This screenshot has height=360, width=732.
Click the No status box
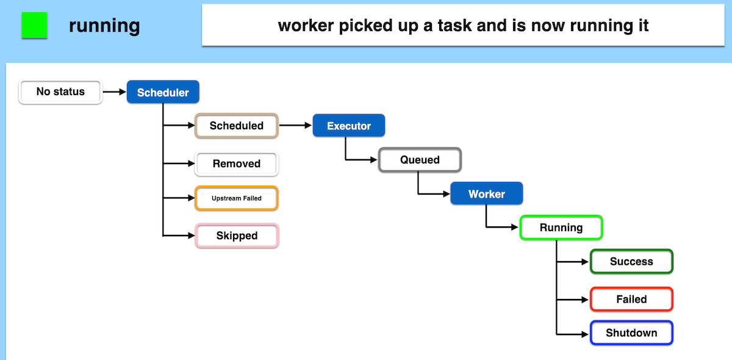(60, 92)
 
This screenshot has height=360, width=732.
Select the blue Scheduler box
(163, 93)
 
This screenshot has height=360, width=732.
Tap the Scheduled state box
(236, 126)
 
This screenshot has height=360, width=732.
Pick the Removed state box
(236, 164)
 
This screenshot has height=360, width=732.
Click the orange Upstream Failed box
(236, 198)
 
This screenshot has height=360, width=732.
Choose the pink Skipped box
(237, 236)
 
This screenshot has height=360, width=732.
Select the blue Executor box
(349, 126)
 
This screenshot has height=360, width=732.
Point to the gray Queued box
(420, 160)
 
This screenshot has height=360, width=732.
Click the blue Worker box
(486, 194)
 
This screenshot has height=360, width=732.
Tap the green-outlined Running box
(561, 228)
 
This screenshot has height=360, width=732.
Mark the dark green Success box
(631, 261)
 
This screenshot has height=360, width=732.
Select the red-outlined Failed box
(631, 299)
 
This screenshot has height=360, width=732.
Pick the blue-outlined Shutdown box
(631, 333)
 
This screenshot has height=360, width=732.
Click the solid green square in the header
(35, 26)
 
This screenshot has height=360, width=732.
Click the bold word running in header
(104, 26)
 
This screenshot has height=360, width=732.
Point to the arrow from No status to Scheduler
(114, 92)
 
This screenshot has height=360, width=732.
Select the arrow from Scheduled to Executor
(295, 126)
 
